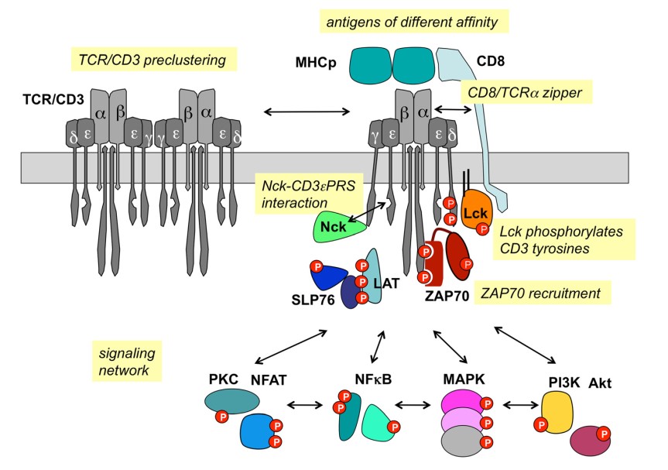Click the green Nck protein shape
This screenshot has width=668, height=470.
pyautogui.click(x=337, y=228)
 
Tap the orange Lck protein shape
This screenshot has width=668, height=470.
pyautogui.click(x=474, y=215)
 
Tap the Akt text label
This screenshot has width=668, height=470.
pyautogui.click(x=601, y=382)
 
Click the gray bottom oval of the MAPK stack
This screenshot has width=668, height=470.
pyautogui.click(x=462, y=442)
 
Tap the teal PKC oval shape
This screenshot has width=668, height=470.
pyautogui.click(x=231, y=400)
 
